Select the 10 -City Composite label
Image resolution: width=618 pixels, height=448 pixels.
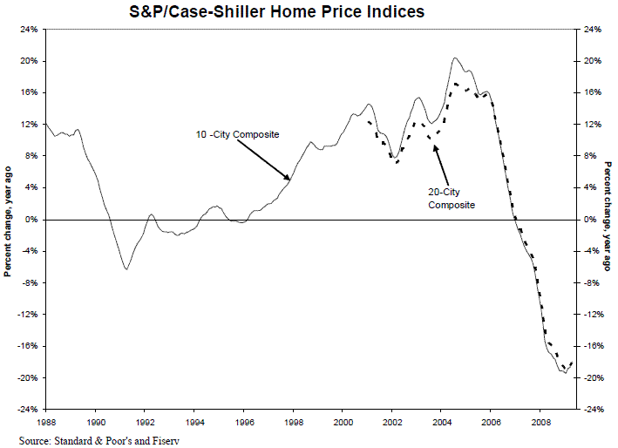click(237, 135)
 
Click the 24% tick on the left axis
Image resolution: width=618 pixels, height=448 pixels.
click(29, 30)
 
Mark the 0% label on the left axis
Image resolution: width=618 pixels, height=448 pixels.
click(31, 220)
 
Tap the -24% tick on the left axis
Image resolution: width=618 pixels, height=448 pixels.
click(27, 410)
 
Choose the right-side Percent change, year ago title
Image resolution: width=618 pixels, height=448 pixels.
click(607, 220)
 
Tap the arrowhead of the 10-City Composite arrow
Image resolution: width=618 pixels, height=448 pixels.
click(290, 180)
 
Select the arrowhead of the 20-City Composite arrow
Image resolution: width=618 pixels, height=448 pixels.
click(435, 146)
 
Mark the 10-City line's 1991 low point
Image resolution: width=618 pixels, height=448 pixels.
click(126, 269)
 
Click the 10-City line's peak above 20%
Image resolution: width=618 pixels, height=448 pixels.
click(455, 58)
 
